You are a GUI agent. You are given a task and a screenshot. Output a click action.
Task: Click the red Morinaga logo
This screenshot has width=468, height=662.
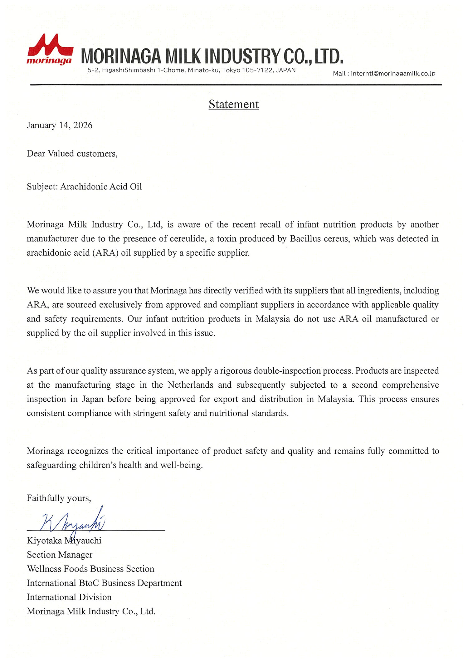(x=50, y=49)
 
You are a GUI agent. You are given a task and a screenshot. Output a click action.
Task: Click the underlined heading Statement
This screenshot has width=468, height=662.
(x=234, y=104)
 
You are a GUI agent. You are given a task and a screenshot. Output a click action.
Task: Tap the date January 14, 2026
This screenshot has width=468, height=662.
(x=60, y=125)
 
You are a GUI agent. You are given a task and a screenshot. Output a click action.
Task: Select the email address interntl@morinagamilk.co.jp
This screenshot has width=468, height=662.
(x=393, y=74)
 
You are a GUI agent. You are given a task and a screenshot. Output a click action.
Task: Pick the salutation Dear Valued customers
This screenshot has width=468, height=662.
(x=72, y=154)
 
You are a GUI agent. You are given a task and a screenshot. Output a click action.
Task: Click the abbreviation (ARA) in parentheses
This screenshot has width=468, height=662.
(x=105, y=253)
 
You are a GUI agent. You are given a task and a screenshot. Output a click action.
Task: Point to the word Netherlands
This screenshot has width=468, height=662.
(x=190, y=385)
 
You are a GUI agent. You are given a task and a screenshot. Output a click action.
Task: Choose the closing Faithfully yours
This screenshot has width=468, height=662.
(x=59, y=498)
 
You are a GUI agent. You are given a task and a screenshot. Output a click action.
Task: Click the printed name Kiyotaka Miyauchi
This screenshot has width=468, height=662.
(x=64, y=541)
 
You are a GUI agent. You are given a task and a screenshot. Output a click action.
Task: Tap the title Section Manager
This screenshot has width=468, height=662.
(x=60, y=555)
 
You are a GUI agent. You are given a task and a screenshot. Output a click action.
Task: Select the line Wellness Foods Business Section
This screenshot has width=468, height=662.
(x=90, y=569)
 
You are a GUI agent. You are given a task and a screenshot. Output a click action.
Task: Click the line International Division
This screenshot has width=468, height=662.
(x=69, y=597)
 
